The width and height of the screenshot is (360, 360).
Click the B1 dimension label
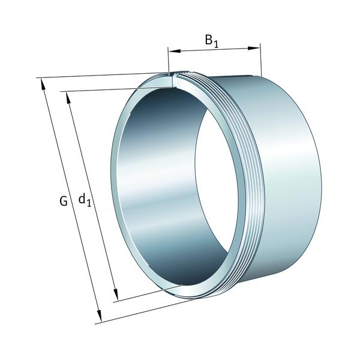[x=212, y=41]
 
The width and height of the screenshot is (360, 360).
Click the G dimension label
[x=64, y=201]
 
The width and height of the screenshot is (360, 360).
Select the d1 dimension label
[x=85, y=200]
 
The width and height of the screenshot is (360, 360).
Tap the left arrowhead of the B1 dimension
[x=174, y=51]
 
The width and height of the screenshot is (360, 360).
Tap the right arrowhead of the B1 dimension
[x=254, y=48]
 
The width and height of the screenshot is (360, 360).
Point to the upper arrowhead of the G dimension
[x=43, y=84]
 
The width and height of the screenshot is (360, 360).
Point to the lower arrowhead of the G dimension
[x=100, y=316]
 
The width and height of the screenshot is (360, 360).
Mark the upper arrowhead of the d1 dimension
[x=68, y=97]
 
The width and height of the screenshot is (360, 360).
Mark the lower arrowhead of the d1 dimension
[x=116, y=295]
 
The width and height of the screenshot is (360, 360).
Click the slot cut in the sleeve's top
[x=174, y=80]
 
